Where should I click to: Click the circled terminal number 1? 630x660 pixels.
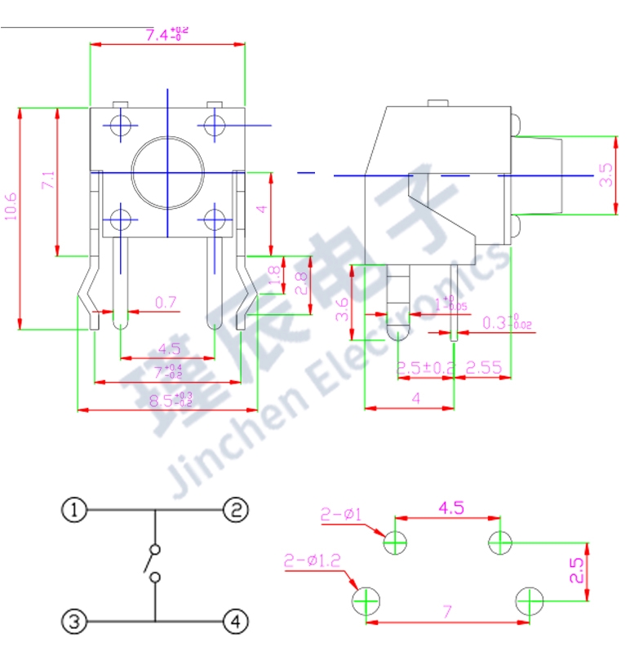[74, 511]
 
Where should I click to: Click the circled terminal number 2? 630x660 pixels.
[235, 511]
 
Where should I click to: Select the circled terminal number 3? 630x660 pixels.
[74, 622]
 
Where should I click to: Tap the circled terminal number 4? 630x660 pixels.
[235, 622]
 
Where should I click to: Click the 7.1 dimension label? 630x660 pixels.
[47, 181]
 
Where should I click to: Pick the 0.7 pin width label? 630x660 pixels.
[166, 303]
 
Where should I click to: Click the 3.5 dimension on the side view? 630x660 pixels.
[606, 175]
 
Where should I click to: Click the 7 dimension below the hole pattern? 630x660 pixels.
[447, 611]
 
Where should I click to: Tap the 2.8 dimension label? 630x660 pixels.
[300, 285]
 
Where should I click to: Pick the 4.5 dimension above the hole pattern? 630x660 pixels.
[451, 507]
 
